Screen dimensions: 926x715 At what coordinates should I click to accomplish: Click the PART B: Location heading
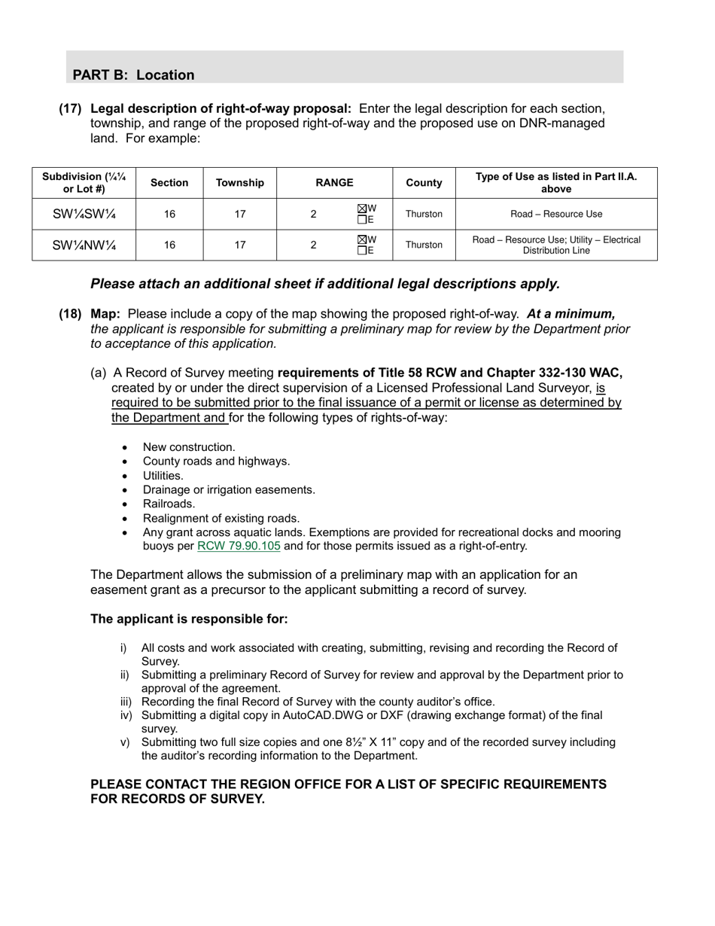coord(133,75)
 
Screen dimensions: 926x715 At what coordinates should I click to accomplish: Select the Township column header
coord(239,183)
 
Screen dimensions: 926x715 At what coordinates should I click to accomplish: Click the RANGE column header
coord(334,183)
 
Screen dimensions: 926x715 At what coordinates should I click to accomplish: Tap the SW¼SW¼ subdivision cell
coord(84,215)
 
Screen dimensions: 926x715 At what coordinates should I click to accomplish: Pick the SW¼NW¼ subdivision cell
coord(84,245)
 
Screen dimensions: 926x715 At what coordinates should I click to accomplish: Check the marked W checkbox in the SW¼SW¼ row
coord(362,209)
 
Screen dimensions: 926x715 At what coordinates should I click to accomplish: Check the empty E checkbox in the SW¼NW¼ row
coord(362,251)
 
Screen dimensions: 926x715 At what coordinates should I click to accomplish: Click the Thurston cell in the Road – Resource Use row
coord(424,215)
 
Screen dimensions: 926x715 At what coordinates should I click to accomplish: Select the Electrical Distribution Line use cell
coord(556,245)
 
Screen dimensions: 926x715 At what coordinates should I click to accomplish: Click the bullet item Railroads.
coord(169,504)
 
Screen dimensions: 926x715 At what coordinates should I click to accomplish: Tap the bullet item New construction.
coord(189,447)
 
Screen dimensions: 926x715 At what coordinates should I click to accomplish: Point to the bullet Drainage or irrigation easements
coord(229,490)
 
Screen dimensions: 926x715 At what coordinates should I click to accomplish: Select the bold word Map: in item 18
coord(105,314)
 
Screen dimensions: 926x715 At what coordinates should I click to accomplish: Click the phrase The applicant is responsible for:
coord(189,620)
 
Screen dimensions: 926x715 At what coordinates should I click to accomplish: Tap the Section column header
coord(169,183)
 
